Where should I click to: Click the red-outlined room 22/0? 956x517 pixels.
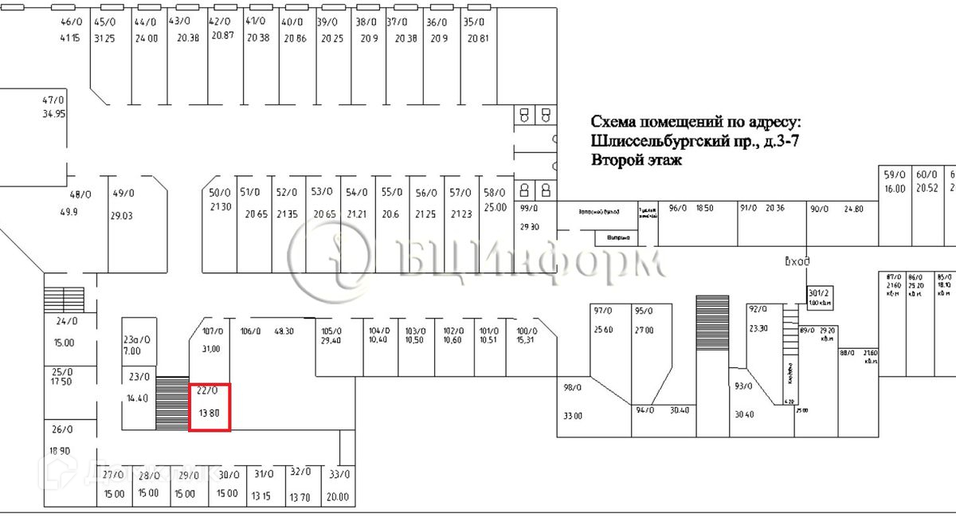pos(210,407)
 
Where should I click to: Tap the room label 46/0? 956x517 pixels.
pos(71,22)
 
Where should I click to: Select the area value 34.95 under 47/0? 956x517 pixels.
pos(53,114)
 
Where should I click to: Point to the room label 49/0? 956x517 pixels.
pos(123,194)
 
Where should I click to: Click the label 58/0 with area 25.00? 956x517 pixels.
pos(495,193)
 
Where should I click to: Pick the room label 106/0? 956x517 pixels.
pos(250,331)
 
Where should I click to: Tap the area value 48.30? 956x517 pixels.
pos(284,331)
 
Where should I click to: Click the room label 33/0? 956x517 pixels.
pos(339,475)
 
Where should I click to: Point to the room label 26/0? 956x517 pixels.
pos(62,429)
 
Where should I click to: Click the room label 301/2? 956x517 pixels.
pos(820,292)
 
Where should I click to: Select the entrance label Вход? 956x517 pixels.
pos(797,261)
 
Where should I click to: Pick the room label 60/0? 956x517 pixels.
pos(927,175)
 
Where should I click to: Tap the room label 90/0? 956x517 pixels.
pos(820,209)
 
